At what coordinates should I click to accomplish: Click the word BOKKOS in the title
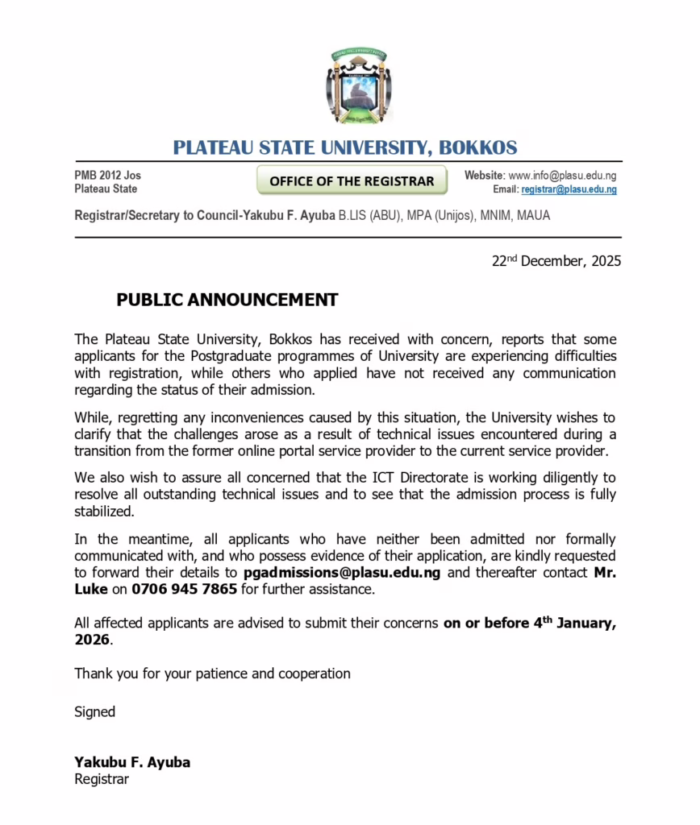(x=476, y=147)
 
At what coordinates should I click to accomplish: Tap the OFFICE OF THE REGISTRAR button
(x=352, y=181)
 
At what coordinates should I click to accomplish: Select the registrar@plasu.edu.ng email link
(x=569, y=190)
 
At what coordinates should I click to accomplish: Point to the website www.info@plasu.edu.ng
(x=562, y=176)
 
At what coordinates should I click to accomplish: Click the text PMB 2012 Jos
(x=107, y=176)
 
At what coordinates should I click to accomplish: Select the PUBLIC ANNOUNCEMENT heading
(x=227, y=301)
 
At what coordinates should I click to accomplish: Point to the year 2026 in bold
(x=93, y=641)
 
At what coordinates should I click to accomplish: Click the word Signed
(x=95, y=711)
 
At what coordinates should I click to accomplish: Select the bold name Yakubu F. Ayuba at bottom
(x=132, y=762)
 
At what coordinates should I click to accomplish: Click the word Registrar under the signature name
(x=102, y=779)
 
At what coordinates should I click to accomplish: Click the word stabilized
(x=104, y=511)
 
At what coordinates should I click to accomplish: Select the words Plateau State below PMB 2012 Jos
(x=106, y=189)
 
